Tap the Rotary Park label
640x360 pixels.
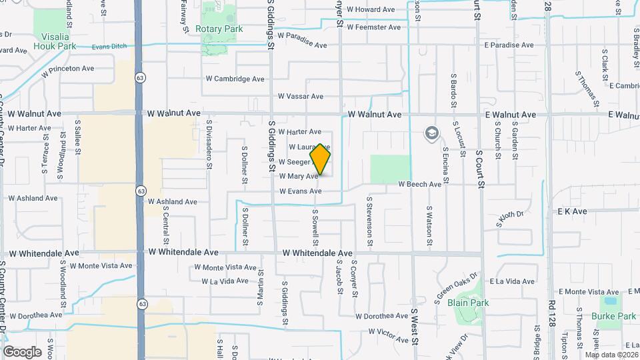(x=219, y=29)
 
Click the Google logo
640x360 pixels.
(x=21, y=352)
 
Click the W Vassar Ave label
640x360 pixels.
(x=300, y=97)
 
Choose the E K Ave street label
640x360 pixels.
(x=572, y=211)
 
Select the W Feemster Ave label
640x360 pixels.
(x=373, y=27)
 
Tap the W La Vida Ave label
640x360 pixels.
(x=225, y=281)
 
